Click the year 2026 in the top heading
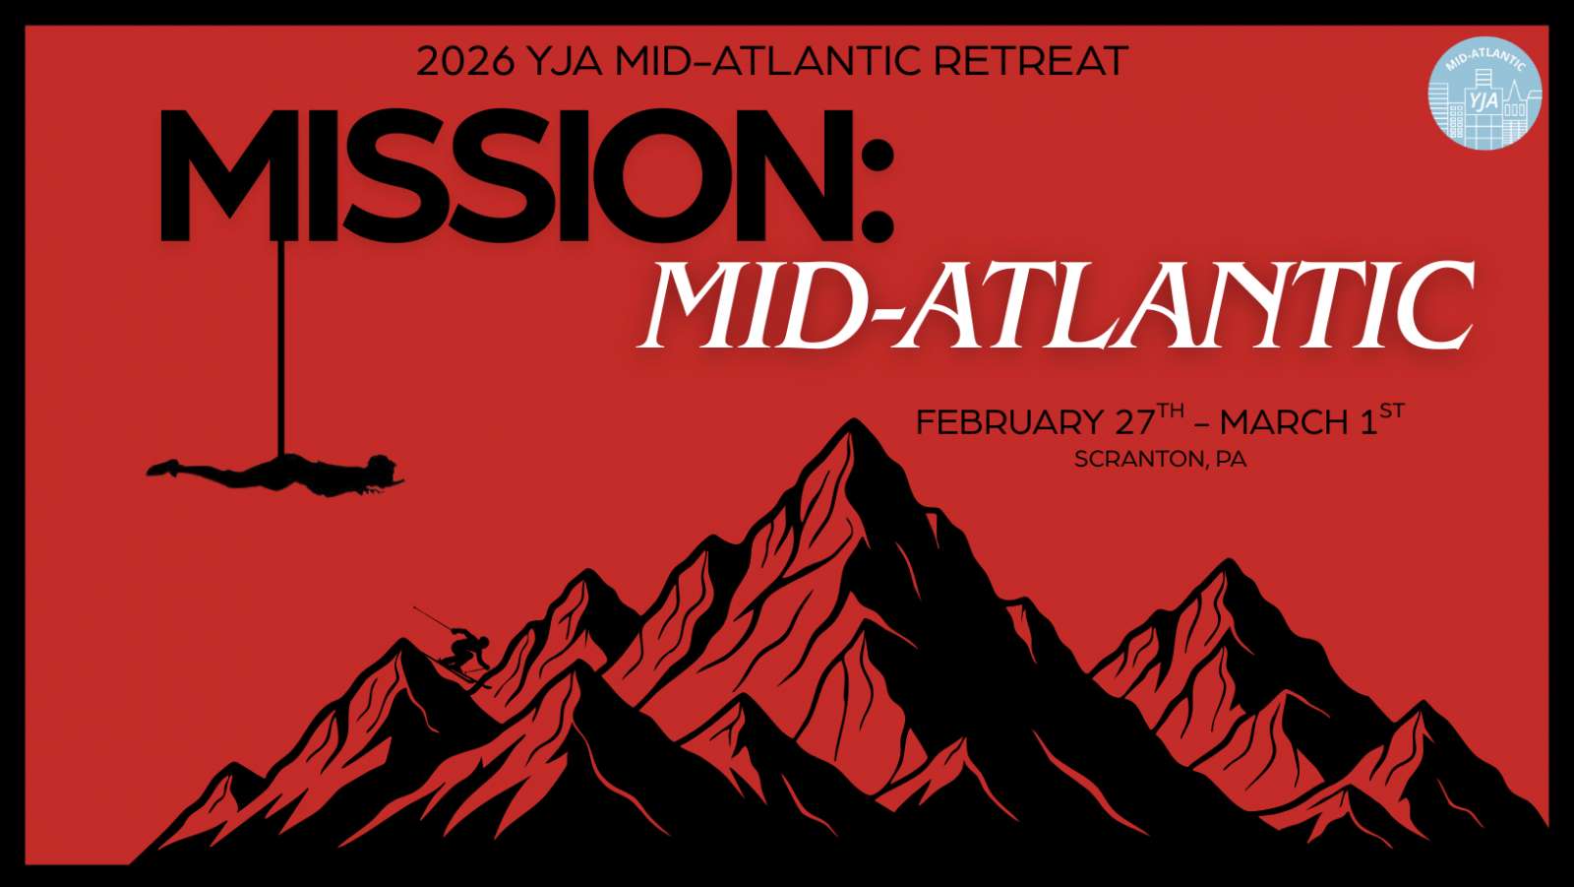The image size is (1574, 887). click(464, 61)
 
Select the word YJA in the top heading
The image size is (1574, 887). click(564, 61)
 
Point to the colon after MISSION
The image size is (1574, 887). click(877, 191)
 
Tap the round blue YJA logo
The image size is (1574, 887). click(1484, 93)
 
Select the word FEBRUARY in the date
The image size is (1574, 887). click(1009, 422)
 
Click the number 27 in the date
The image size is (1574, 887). click(1135, 422)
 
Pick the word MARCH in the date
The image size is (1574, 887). click(1283, 422)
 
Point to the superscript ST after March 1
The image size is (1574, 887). click(1391, 411)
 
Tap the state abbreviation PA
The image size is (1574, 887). click(1231, 460)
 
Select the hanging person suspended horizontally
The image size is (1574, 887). click(274, 475)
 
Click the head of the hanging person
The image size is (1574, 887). click(383, 466)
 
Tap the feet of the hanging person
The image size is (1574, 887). click(162, 468)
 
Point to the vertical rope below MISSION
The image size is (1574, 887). click(281, 348)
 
